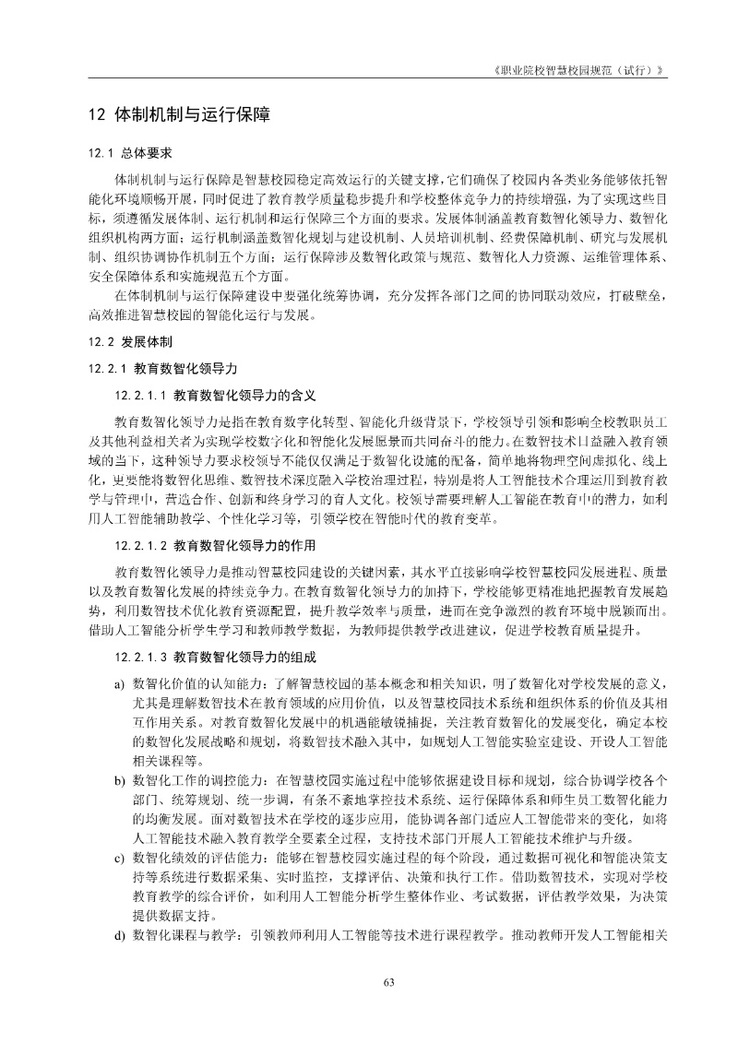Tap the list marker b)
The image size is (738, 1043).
(x=119, y=779)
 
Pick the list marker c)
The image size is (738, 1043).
(x=119, y=857)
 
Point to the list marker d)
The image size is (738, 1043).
(x=119, y=934)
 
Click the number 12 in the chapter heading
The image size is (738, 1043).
(x=95, y=116)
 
